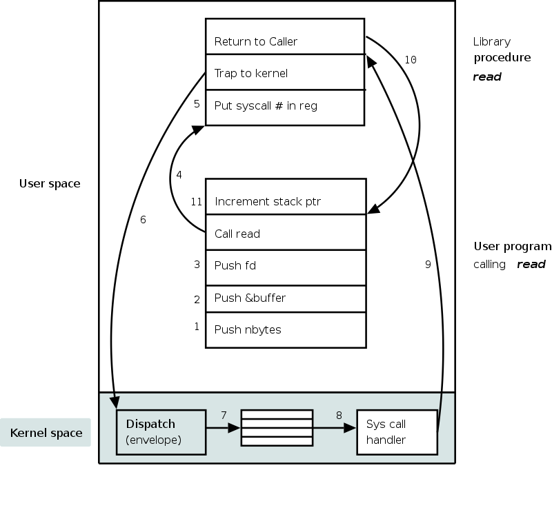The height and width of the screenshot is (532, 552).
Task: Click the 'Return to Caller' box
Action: click(x=285, y=37)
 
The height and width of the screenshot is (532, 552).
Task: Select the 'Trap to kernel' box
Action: click(x=285, y=72)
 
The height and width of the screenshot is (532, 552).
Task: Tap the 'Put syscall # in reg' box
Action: click(x=285, y=107)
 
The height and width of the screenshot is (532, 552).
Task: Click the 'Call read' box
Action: click(x=286, y=233)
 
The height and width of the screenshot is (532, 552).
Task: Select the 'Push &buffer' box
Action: click(x=286, y=298)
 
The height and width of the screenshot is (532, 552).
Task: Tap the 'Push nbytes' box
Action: click(x=286, y=329)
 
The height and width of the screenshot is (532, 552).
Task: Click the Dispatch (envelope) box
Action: click(x=161, y=432)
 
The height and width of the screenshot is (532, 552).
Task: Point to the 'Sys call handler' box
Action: click(x=397, y=432)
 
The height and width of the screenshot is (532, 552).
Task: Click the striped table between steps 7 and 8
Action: click(x=276, y=428)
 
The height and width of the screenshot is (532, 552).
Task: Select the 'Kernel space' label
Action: click(x=46, y=433)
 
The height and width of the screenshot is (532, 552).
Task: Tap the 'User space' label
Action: click(x=50, y=183)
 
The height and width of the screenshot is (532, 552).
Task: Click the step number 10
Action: click(x=410, y=61)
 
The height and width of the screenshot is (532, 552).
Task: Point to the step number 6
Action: click(x=143, y=220)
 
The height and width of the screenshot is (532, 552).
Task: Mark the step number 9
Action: click(x=428, y=264)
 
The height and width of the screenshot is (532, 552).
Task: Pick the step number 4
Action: click(x=179, y=175)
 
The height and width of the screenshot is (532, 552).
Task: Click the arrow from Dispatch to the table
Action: click(x=224, y=428)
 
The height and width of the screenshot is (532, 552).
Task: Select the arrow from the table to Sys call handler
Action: click(x=335, y=428)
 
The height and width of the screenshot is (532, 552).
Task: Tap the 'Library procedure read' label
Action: click(x=502, y=59)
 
